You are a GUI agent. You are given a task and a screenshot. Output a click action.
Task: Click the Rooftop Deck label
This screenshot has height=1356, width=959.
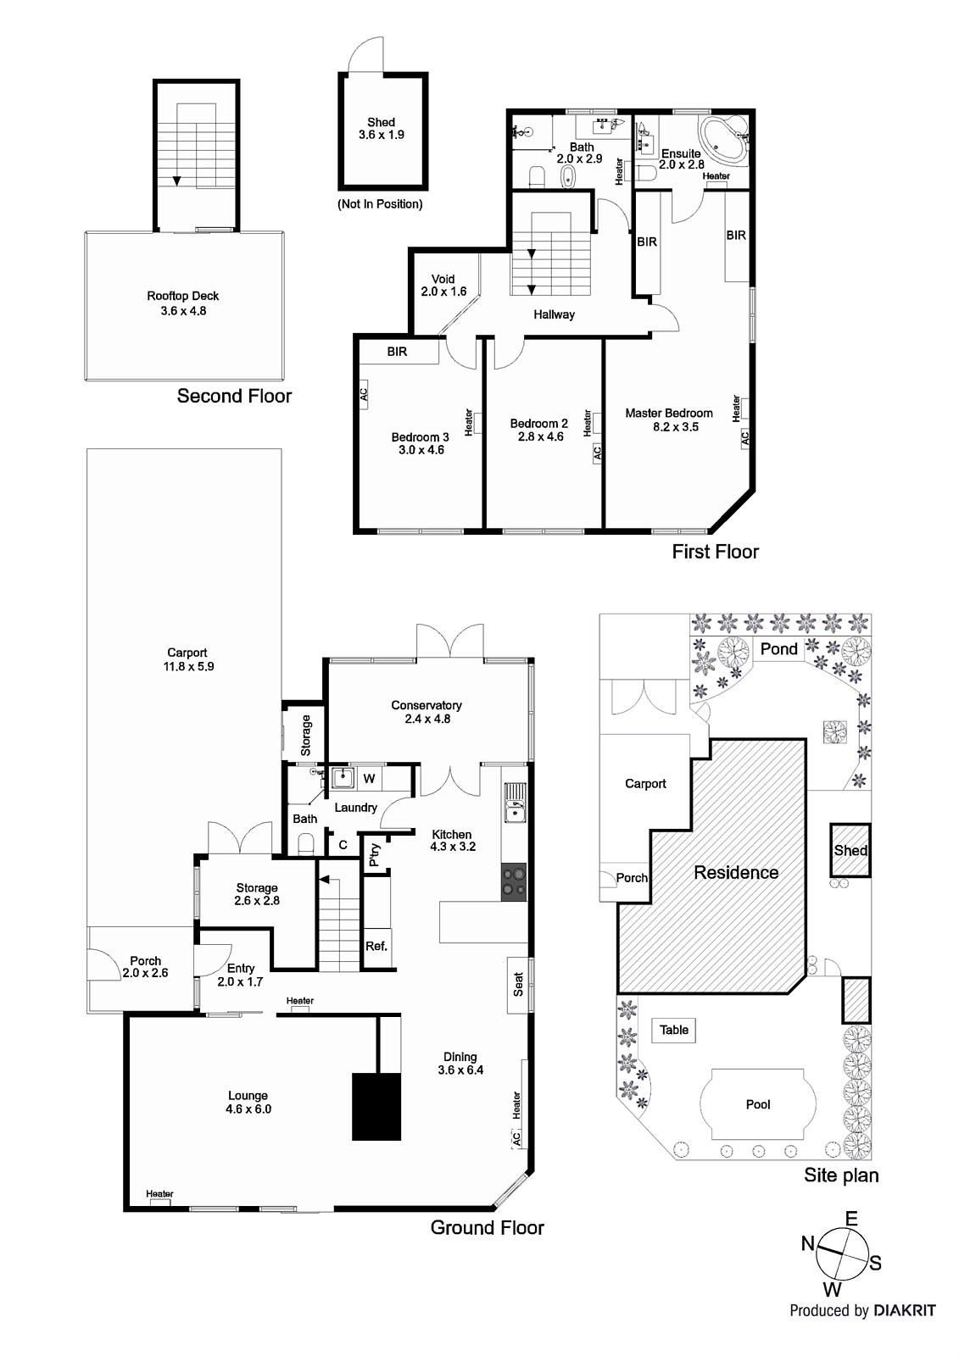tap(182, 303)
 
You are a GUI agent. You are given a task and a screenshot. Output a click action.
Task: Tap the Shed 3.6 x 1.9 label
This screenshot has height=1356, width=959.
tap(381, 128)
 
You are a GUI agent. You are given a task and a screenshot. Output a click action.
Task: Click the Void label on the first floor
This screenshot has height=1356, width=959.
tap(443, 285)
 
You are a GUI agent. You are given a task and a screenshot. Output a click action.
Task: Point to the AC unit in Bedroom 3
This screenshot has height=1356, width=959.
tap(363, 394)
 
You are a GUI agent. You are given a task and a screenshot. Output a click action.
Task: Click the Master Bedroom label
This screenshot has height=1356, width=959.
tap(668, 420)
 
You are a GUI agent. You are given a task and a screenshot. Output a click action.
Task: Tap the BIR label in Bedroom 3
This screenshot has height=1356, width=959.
tap(397, 351)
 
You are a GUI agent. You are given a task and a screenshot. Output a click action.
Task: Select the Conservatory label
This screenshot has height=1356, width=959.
tap(426, 711)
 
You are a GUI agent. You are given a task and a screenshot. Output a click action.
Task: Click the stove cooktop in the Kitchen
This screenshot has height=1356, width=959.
tap(514, 881)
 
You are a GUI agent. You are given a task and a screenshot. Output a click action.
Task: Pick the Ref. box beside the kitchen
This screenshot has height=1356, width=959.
tap(376, 946)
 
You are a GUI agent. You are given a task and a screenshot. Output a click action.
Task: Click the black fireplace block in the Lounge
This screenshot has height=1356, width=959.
tap(376, 1106)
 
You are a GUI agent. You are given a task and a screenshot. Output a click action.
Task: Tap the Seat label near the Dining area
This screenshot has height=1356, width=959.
tap(519, 984)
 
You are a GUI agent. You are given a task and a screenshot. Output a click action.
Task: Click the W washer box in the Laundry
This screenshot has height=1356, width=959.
tap(369, 778)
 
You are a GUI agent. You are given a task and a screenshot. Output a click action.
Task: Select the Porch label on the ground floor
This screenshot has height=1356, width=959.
tap(146, 966)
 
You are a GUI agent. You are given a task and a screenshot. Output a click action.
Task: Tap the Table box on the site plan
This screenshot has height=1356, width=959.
tap(674, 1030)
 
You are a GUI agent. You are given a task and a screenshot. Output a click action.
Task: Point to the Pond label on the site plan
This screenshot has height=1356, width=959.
tap(778, 649)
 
